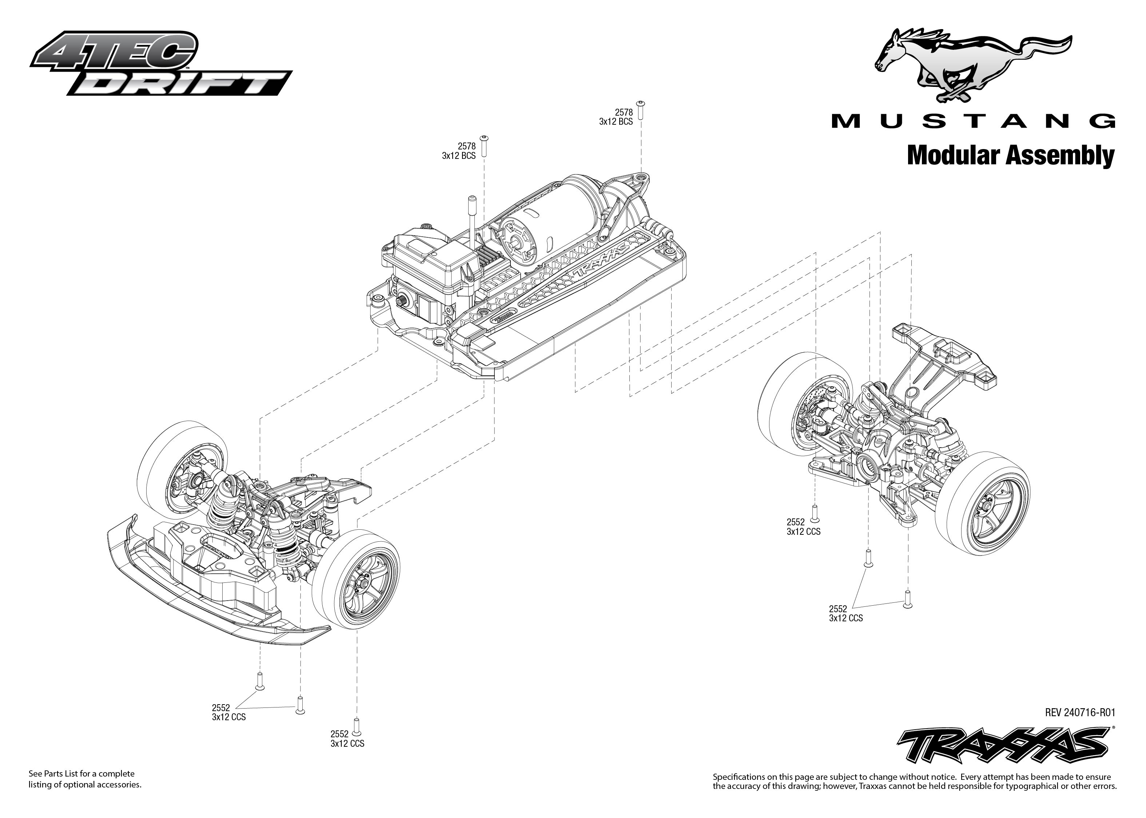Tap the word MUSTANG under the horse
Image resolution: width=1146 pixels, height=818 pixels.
click(x=972, y=121)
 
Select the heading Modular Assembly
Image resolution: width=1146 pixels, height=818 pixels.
click(x=1010, y=156)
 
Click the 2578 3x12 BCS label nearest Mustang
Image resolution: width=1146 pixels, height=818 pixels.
click(x=616, y=117)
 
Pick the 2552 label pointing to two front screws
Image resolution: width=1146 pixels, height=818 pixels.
click(x=229, y=712)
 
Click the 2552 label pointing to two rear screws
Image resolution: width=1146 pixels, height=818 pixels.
click(x=845, y=613)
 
